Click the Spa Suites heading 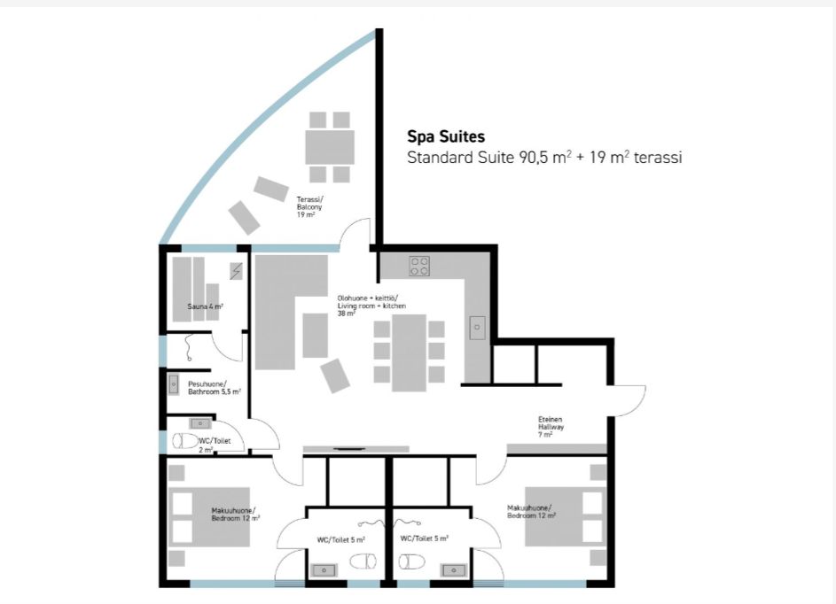tap(446, 137)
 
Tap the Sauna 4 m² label tap(206, 306)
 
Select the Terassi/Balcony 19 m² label tap(309, 206)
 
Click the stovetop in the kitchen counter tap(419, 267)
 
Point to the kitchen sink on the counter tap(477, 328)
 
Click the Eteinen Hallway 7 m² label tap(551, 427)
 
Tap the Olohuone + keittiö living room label tap(371, 306)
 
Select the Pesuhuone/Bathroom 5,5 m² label tap(215, 388)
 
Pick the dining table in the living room tap(409, 352)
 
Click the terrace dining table tap(330, 147)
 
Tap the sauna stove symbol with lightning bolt tap(236, 271)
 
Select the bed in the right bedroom tap(566, 516)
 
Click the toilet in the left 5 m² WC tap(363, 561)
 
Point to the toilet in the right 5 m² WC tap(412, 561)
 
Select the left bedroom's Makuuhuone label tap(233, 510)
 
